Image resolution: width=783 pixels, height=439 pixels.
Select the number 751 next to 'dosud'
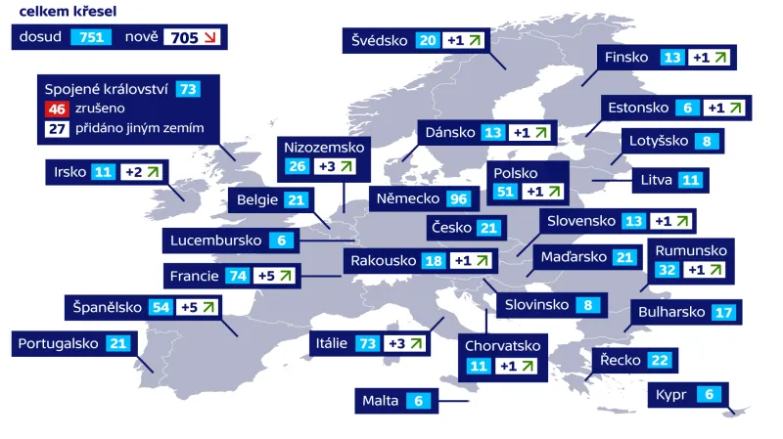92,37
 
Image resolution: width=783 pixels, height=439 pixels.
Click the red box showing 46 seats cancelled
55,109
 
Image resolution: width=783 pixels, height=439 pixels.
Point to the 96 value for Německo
458,199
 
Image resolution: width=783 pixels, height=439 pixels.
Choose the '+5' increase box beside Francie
276,277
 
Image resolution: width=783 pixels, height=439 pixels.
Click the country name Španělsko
108,307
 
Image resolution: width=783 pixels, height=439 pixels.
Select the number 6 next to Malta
419,400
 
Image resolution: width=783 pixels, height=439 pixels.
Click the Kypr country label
671,395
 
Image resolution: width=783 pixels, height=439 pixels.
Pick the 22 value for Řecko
660,361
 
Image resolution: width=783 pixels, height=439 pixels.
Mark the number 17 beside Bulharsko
723,313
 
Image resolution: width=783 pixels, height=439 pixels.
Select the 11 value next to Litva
691,180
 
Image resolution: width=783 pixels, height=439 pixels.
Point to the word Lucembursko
215,241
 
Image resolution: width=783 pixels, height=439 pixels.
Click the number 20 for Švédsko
427,40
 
